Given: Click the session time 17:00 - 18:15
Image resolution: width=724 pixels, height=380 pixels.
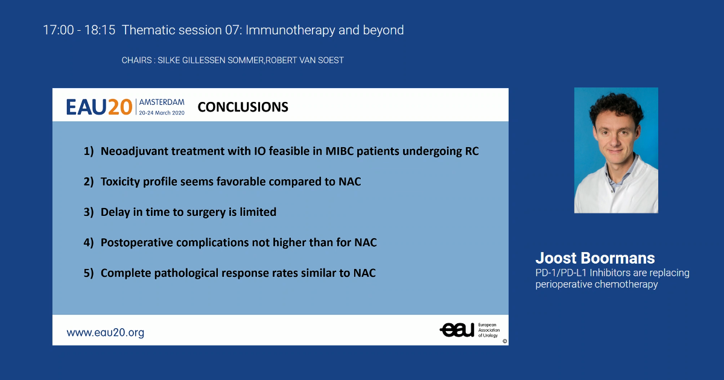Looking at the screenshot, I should pos(79,30).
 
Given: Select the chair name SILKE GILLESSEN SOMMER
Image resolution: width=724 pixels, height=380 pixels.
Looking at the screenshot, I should pos(210,60).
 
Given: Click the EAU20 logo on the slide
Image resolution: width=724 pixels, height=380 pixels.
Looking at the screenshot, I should pos(99,107).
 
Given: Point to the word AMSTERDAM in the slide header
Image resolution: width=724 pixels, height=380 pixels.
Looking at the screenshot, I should pos(162,102).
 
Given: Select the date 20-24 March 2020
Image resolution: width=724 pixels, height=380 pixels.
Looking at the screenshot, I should pos(162,112).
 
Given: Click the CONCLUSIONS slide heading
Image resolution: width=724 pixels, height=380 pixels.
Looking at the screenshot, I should pos(243,107).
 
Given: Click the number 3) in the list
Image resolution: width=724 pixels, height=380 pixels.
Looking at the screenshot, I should pos(89,212).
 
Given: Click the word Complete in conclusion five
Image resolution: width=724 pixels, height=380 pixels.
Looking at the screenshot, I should pos(125,273).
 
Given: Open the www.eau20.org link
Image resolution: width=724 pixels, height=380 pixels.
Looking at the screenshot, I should pos(106,332).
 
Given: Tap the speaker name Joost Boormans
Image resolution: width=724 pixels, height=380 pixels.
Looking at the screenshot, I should pos(595,258).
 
